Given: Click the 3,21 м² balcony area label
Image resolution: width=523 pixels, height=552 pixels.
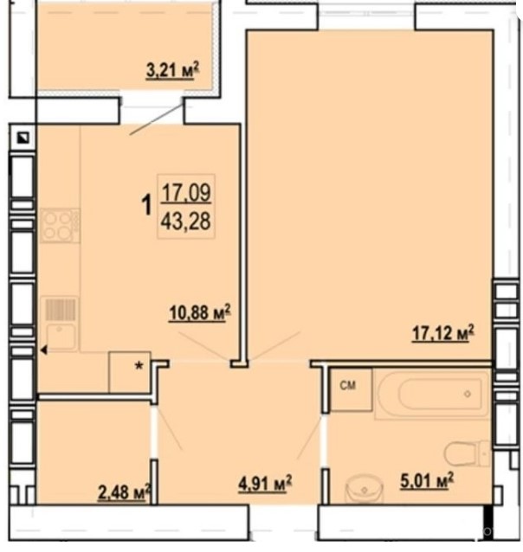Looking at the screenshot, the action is [x=172, y=70].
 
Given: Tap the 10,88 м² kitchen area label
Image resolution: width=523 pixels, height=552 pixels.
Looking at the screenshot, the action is [x=200, y=312].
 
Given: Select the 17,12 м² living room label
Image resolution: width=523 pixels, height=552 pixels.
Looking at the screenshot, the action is [x=443, y=333].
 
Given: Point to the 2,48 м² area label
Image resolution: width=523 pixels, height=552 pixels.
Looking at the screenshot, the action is [x=125, y=491].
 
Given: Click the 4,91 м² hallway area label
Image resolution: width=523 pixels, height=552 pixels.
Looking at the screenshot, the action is [x=265, y=483].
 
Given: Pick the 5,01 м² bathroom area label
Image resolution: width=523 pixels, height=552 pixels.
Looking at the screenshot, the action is [x=427, y=480].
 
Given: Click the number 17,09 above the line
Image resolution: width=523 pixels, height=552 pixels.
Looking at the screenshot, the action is [x=186, y=193].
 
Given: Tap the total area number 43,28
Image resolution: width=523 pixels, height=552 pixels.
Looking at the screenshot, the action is [x=185, y=221].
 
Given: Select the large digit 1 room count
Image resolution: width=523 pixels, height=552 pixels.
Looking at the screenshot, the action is [x=146, y=206].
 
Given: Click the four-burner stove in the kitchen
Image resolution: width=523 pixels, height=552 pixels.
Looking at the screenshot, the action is [x=60, y=226].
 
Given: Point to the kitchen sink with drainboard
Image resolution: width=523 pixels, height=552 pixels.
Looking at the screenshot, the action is [x=61, y=324].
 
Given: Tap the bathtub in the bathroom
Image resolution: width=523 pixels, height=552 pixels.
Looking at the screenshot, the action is [x=432, y=394].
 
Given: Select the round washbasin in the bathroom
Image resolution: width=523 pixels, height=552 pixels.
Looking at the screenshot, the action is [x=364, y=489].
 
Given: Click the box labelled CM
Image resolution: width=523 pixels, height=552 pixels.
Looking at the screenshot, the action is [x=352, y=389].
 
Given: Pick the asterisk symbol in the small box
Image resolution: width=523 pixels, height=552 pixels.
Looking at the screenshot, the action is [x=139, y=366].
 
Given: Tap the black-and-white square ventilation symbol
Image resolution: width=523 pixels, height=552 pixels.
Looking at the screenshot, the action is [x=24, y=138].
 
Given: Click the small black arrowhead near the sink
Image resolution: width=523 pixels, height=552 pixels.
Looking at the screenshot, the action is [x=43, y=350].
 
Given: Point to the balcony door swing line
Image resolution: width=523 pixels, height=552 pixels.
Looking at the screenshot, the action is [x=157, y=118].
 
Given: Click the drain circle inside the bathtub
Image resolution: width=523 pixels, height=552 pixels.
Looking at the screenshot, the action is [x=468, y=395].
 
